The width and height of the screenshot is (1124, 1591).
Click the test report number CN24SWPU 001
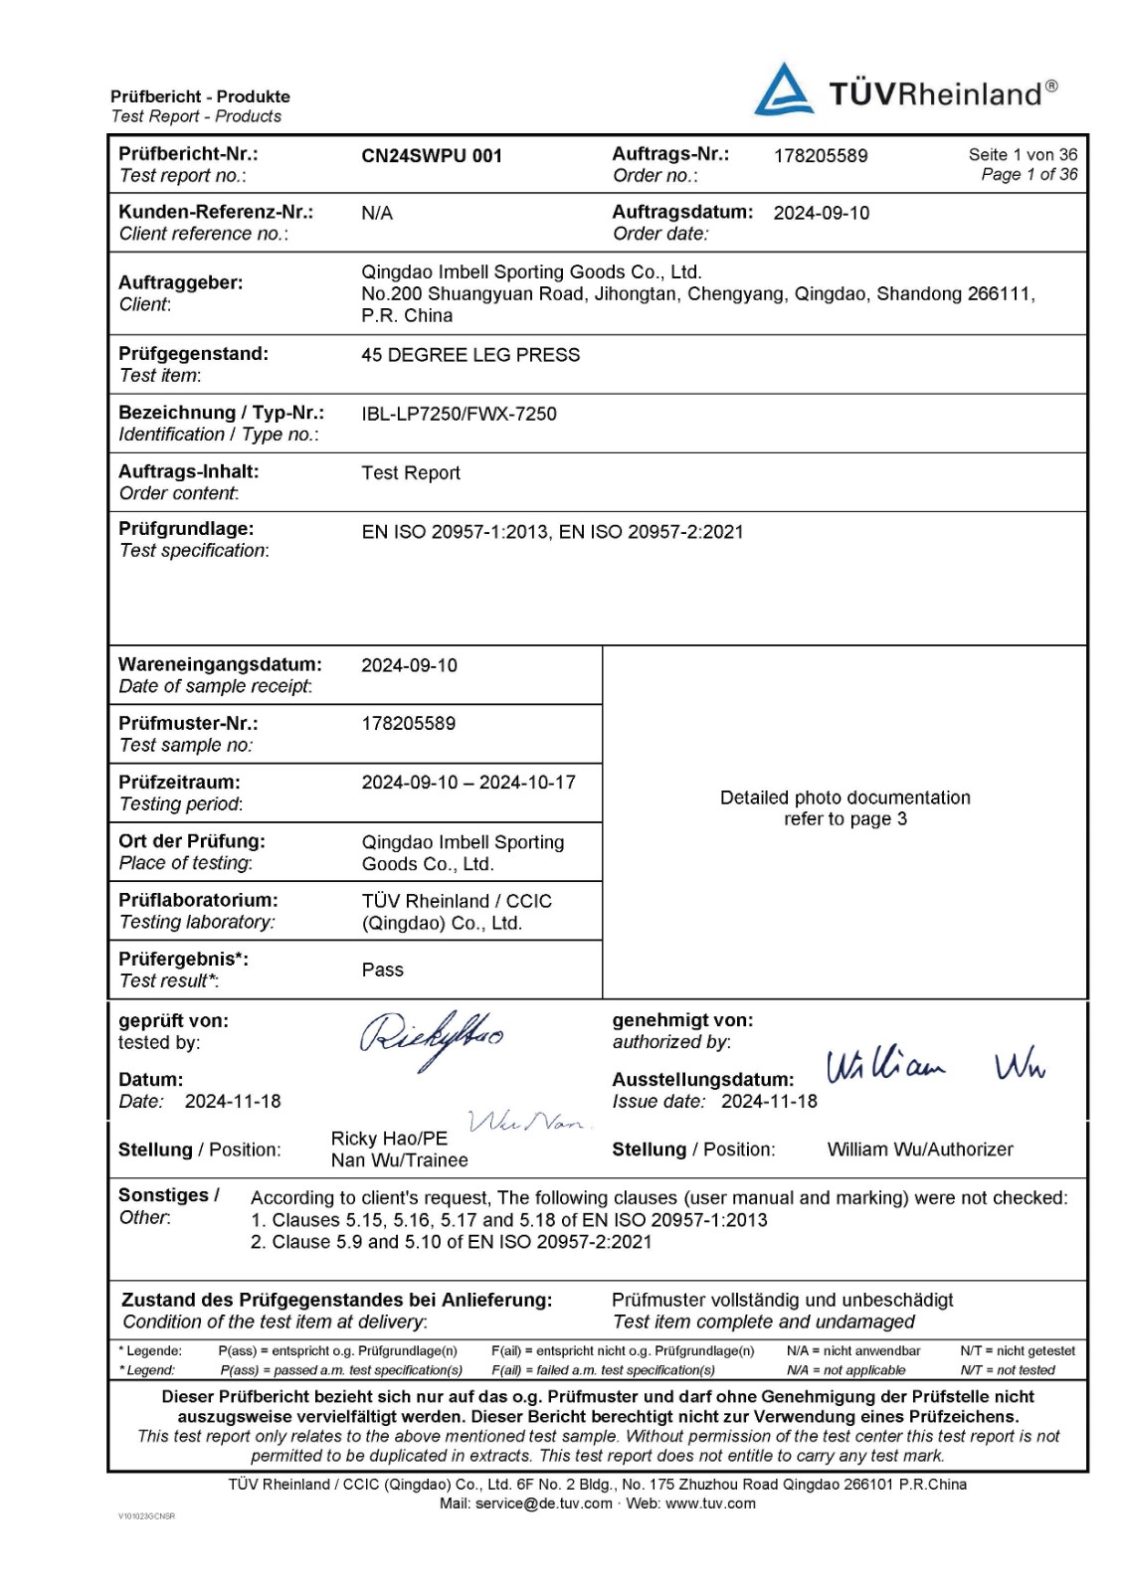[x=432, y=156]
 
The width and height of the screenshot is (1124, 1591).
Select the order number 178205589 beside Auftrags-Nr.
[x=821, y=156]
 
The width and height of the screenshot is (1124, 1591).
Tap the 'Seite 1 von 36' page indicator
[x=1023, y=155]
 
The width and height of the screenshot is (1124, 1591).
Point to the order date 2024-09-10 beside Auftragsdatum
[x=822, y=213]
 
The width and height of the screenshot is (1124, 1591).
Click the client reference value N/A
[x=377, y=214]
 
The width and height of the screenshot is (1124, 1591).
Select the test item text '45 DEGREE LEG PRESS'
[x=470, y=355]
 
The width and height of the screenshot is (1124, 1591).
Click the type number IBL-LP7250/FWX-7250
[x=459, y=414]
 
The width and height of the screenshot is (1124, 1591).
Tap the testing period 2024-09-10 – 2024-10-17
[x=468, y=783]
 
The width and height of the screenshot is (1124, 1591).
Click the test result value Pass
[x=383, y=970]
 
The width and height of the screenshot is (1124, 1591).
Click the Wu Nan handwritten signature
[x=527, y=1123]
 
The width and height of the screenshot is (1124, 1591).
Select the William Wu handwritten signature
[x=935, y=1065]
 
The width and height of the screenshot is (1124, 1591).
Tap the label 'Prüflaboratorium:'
[x=198, y=900]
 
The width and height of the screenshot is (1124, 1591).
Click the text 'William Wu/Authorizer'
[x=920, y=1149]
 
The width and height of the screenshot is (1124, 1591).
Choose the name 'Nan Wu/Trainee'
[x=400, y=1160]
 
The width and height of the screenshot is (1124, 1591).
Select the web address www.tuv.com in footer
[x=710, y=1503]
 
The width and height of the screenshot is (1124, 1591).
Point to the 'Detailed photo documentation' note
[x=845, y=797]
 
